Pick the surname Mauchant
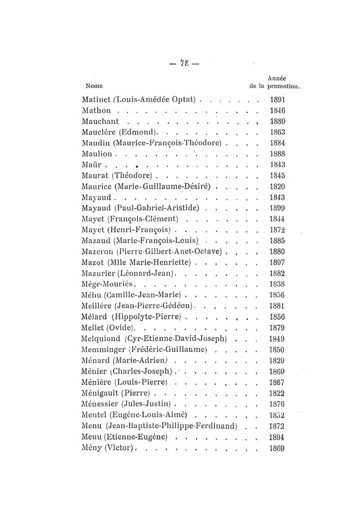pyautogui.click(x=101, y=121)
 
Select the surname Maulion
pyautogui.click(x=97, y=154)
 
